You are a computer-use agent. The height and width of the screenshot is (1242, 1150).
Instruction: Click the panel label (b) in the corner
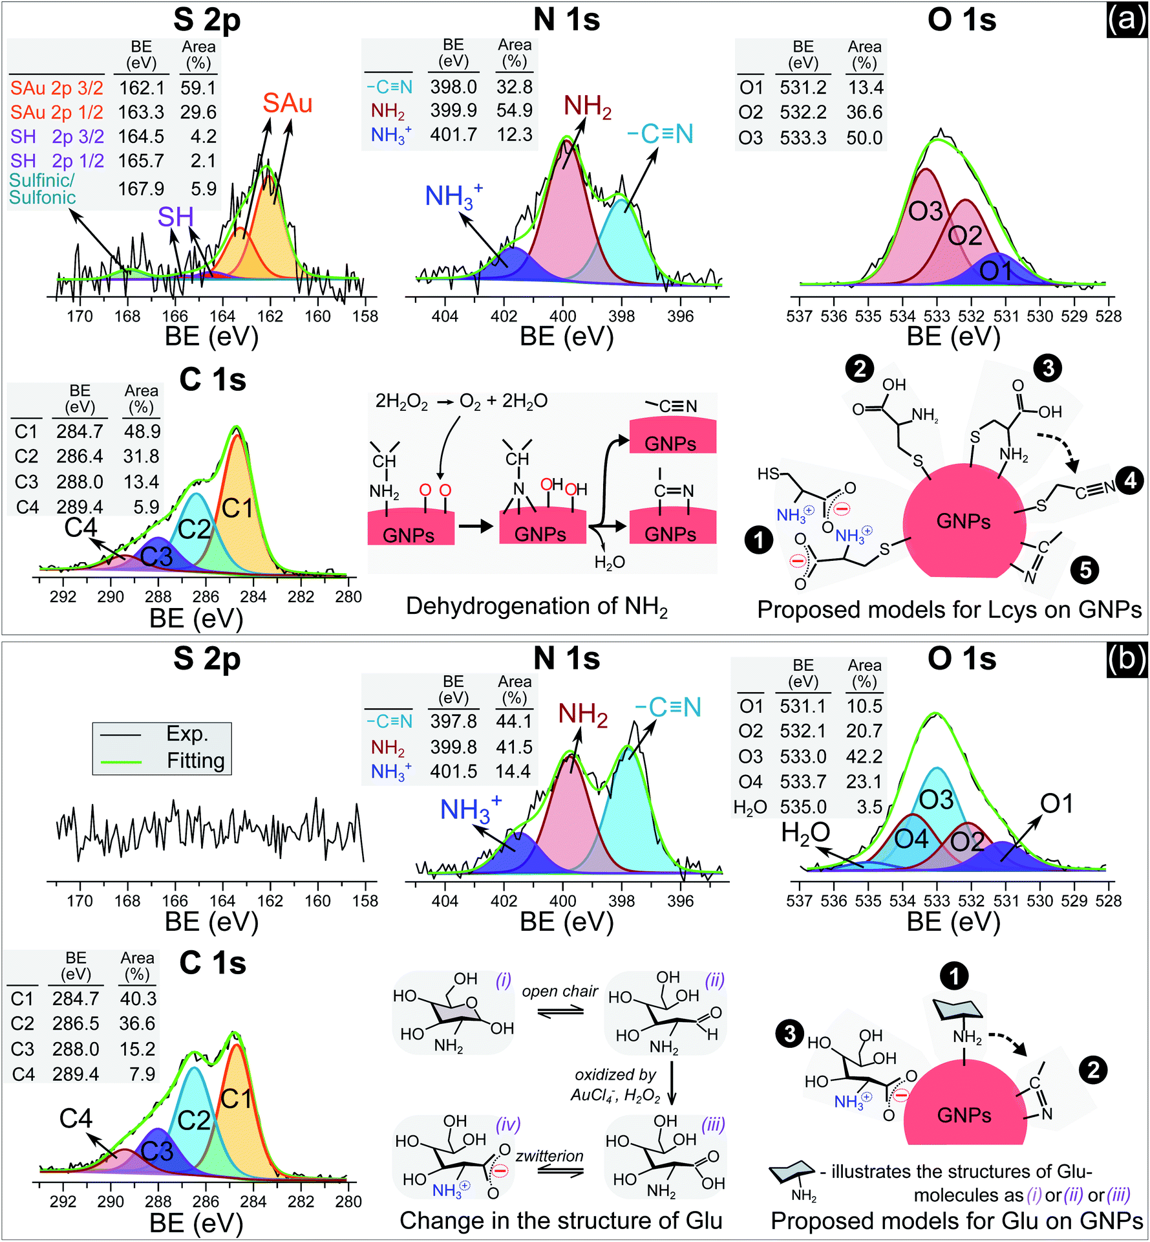point(1127,660)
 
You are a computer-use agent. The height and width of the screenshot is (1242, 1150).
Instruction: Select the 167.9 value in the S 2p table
point(141,189)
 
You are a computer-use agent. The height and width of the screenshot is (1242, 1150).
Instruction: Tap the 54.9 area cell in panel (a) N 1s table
point(514,111)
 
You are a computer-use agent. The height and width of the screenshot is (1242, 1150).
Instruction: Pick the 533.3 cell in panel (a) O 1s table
point(803,138)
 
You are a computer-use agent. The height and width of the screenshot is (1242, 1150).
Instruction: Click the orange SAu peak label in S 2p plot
point(287,103)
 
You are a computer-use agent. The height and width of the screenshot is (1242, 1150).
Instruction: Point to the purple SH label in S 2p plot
point(175,217)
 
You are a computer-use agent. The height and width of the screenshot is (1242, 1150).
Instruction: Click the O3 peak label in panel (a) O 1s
point(926,212)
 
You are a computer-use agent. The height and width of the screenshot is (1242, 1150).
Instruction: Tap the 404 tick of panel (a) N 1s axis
point(445,316)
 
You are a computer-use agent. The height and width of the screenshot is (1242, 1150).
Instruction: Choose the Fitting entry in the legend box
point(195,761)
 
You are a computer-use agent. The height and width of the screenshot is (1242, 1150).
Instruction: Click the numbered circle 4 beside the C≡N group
point(1130,480)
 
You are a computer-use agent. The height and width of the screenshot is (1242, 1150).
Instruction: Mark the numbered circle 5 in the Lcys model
point(1085,570)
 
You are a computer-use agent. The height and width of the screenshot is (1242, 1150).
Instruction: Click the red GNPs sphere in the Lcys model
point(963,521)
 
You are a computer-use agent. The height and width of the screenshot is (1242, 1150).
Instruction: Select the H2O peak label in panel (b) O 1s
point(805,833)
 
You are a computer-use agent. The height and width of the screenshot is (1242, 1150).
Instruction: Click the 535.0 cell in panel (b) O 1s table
point(803,807)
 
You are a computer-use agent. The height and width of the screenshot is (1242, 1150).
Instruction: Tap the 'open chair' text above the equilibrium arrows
point(560,992)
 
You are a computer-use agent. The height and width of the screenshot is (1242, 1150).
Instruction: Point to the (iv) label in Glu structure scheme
point(507,1125)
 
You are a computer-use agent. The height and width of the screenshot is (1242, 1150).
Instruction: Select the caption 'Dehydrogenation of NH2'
point(537,607)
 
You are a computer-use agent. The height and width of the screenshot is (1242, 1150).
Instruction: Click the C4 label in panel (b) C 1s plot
point(76,1118)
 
